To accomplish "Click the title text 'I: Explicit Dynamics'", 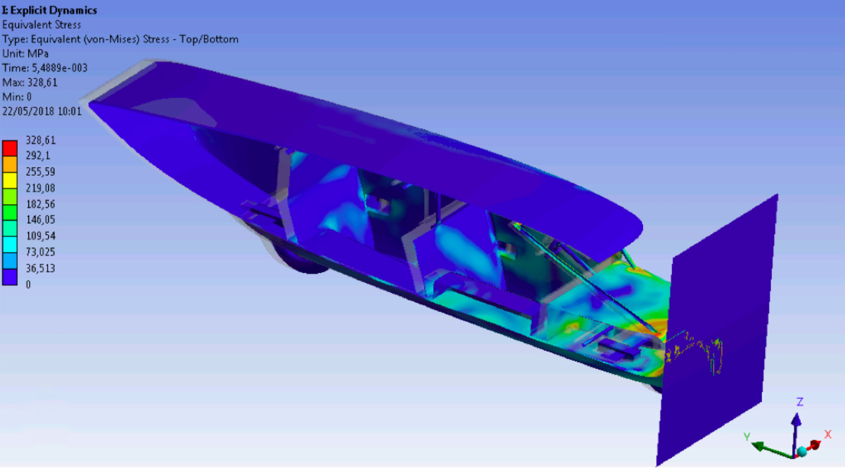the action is (50, 11).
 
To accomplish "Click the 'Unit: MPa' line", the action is (25, 54).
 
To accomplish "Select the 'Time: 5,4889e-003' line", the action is (45, 68).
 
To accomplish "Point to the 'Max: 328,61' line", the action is (30, 83).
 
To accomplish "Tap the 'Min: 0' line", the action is (17, 97).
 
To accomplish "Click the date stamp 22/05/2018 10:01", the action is (42, 112).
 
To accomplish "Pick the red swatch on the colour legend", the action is (10, 148).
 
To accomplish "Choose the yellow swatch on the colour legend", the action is (10, 180).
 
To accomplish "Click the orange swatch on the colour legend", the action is (10, 165).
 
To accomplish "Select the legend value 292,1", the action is (38, 155).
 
